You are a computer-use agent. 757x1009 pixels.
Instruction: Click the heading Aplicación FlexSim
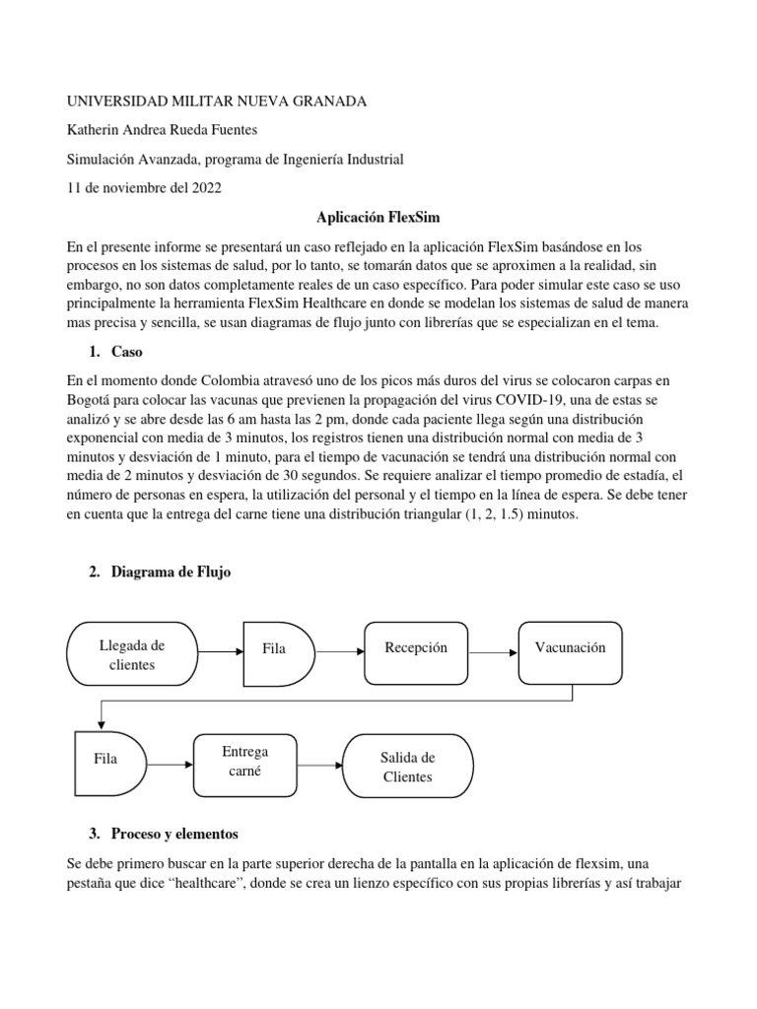point(378,216)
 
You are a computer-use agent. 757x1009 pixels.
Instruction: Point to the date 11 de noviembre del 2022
point(144,187)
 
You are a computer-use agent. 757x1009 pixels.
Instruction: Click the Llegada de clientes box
point(132,654)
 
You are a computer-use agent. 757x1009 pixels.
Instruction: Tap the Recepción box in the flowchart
point(417,648)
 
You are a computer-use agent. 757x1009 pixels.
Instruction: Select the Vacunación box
point(570,648)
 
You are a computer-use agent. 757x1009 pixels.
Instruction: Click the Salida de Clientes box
point(407,767)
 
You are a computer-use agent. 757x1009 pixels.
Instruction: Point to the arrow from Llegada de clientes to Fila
point(219,651)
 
